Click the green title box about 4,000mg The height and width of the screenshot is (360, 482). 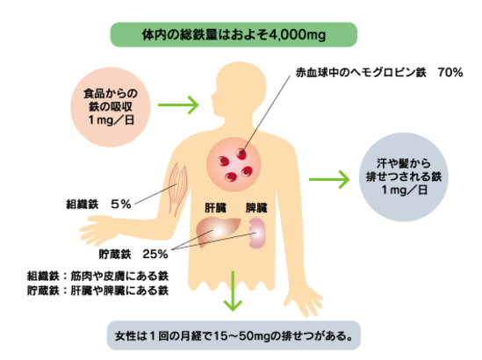(234, 35)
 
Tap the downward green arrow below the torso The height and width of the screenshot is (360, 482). (233, 294)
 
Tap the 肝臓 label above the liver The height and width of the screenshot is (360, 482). (216, 209)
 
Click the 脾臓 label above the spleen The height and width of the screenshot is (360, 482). (256, 209)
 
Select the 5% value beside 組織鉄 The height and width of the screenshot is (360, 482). (121, 203)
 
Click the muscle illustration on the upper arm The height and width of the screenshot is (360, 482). (177, 184)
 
